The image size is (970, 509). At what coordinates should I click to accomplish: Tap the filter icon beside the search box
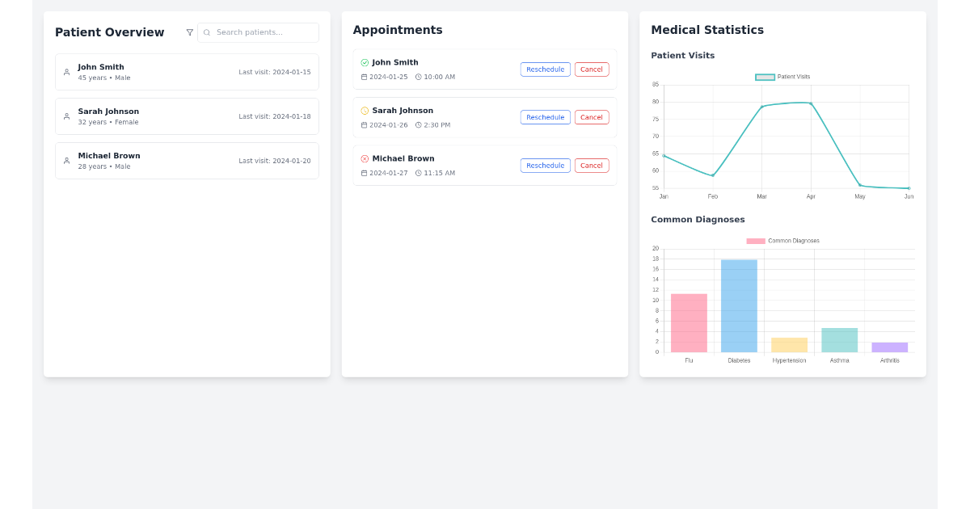190,32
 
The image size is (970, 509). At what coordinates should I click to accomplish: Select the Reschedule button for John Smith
545,69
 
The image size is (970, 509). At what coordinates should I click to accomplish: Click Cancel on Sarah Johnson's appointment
592,117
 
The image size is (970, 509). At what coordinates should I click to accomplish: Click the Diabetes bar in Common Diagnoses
739,306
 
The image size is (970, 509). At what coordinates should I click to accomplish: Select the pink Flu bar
689,323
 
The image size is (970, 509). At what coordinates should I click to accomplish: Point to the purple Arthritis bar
889,347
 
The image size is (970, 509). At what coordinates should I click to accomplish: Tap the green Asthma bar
839,340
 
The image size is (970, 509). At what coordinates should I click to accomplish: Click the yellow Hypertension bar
789,345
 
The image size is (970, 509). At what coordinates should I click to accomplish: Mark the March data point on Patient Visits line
761,107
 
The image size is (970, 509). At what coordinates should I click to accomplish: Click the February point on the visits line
712,175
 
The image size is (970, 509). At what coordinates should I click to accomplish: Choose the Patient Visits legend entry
782,77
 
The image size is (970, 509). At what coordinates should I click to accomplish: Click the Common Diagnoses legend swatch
756,241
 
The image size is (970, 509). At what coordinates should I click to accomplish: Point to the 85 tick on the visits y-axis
656,84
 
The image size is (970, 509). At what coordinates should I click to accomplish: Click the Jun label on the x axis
909,196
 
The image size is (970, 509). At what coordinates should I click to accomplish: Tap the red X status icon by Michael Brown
365,159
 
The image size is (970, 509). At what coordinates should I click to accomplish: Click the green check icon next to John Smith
365,62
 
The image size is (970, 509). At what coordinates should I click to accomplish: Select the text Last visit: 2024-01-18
274,116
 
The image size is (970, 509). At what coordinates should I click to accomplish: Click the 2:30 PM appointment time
436,125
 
